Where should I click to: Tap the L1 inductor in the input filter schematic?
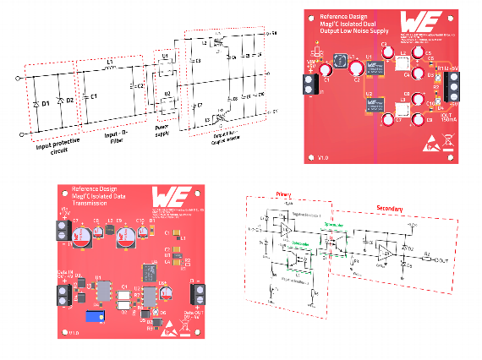pos(110,64)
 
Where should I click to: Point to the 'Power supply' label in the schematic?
pos(164,133)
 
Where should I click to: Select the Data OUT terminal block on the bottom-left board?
pos(197,293)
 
